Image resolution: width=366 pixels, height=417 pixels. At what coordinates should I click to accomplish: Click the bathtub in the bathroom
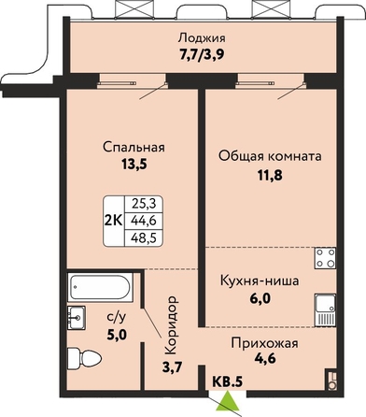click(100, 287)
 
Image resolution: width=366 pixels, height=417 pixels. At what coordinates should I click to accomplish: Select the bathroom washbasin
click(77, 317)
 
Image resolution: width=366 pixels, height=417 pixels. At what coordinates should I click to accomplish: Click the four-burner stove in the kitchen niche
click(325, 258)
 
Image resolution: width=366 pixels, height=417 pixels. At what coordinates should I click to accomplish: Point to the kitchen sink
click(326, 310)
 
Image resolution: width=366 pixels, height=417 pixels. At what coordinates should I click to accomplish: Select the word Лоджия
click(202, 38)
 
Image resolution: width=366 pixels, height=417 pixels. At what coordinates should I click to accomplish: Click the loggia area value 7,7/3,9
click(202, 55)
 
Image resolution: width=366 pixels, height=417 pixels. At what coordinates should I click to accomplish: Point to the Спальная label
click(134, 147)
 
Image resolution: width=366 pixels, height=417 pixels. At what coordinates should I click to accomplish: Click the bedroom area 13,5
click(134, 165)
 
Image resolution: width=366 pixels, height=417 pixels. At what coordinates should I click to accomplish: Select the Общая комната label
click(270, 156)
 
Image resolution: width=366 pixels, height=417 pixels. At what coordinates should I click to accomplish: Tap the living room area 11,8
click(270, 176)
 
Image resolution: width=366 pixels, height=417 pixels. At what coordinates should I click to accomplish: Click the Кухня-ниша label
click(260, 280)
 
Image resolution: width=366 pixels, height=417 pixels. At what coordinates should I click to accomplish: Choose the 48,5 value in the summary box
click(144, 239)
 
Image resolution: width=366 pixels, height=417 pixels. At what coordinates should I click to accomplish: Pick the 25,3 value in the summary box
click(144, 204)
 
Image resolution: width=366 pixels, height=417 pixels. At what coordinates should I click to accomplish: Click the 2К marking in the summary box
click(114, 221)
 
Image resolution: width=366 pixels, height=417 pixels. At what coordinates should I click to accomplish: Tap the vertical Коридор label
click(172, 325)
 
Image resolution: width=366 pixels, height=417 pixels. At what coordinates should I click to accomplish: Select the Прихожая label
click(264, 343)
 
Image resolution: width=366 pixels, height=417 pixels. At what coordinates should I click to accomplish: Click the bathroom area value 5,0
click(117, 335)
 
